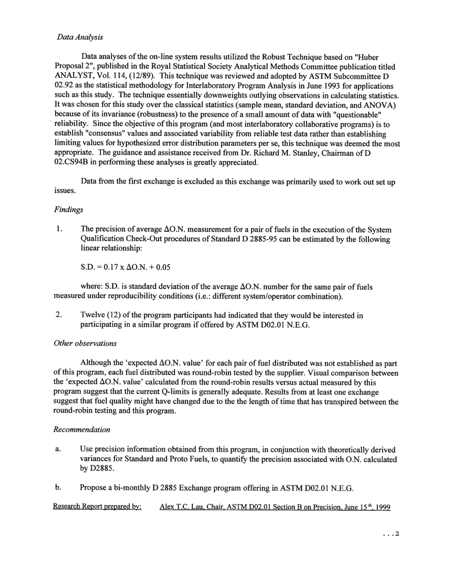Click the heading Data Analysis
[x=80, y=37]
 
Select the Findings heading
[x=68, y=209]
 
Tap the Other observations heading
[x=85, y=343]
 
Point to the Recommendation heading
[x=82, y=430]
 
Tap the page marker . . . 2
[x=391, y=534]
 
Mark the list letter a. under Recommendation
[x=57, y=450]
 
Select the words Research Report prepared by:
[x=97, y=507]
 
